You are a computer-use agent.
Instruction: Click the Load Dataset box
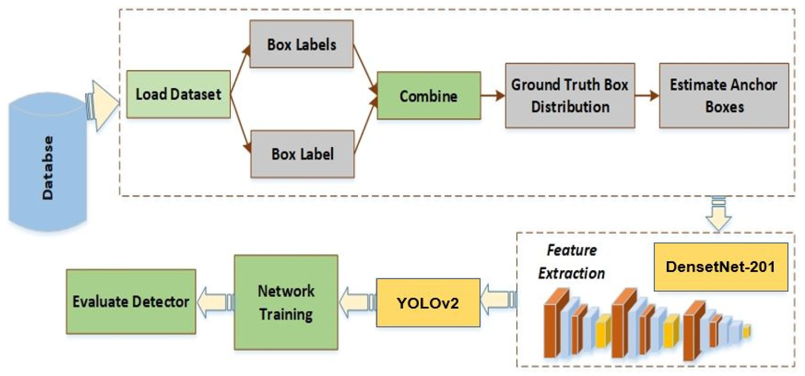(178, 94)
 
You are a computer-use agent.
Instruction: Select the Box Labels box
(301, 44)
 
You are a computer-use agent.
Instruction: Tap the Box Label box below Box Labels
(302, 154)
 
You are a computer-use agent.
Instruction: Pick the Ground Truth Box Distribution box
(570, 96)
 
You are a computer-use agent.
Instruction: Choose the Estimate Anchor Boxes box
(724, 96)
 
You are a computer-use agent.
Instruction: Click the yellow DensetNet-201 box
(720, 267)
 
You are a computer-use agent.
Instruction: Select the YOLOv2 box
(428, 303)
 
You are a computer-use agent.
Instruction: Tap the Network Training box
(286, 302)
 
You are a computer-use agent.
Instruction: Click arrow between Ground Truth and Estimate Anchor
(647, 95)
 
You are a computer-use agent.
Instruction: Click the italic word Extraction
(571, 273)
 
